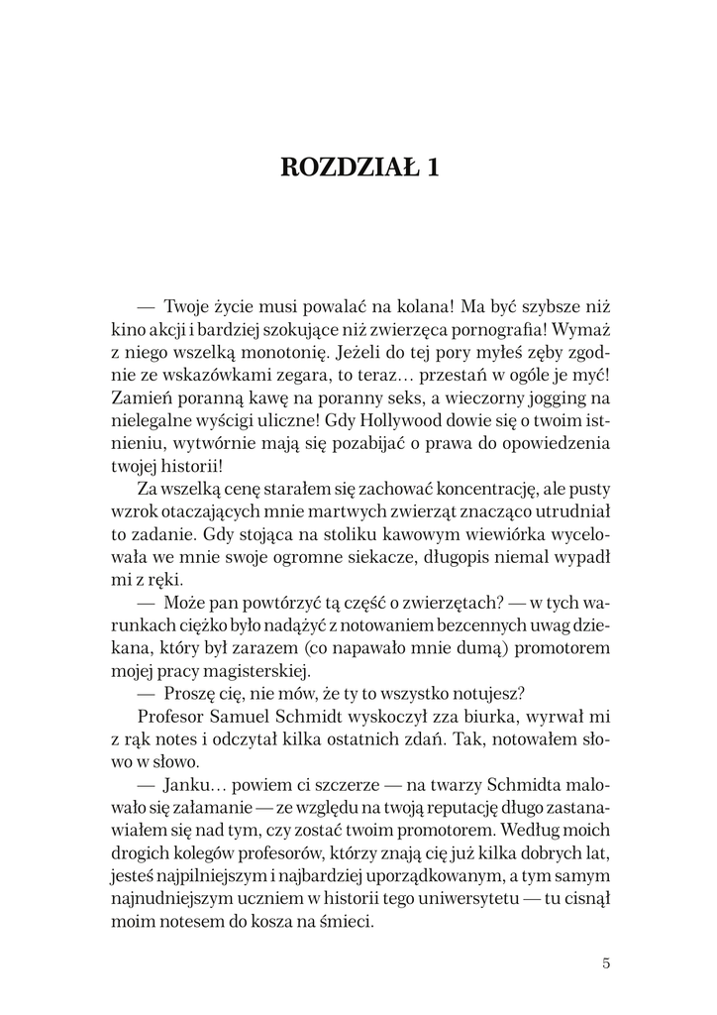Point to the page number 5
[606, 961]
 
